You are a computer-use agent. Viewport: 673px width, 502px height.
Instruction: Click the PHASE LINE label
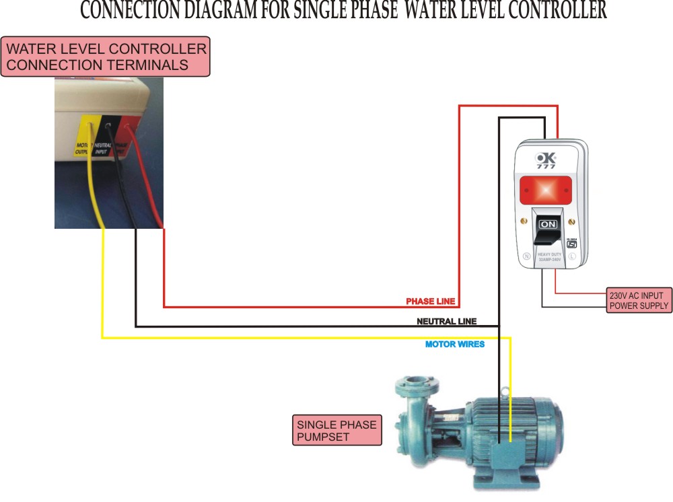tap(431, 301)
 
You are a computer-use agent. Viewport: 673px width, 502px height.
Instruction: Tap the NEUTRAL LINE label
tap(447, 322)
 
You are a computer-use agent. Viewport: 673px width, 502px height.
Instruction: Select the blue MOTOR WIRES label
tap(454, 345)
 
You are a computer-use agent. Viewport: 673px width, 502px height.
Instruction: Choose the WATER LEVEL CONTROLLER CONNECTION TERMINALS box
tap(106, 57)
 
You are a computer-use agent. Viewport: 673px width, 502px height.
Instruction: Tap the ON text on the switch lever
tap(548, 223)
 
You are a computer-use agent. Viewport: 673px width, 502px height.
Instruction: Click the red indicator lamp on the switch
tap(546, 189)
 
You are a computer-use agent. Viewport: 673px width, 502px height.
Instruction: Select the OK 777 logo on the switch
tap(546, 160)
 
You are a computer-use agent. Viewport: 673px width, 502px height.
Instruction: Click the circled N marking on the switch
tap(527, 256)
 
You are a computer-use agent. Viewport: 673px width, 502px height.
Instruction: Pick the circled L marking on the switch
tap(572, 256)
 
